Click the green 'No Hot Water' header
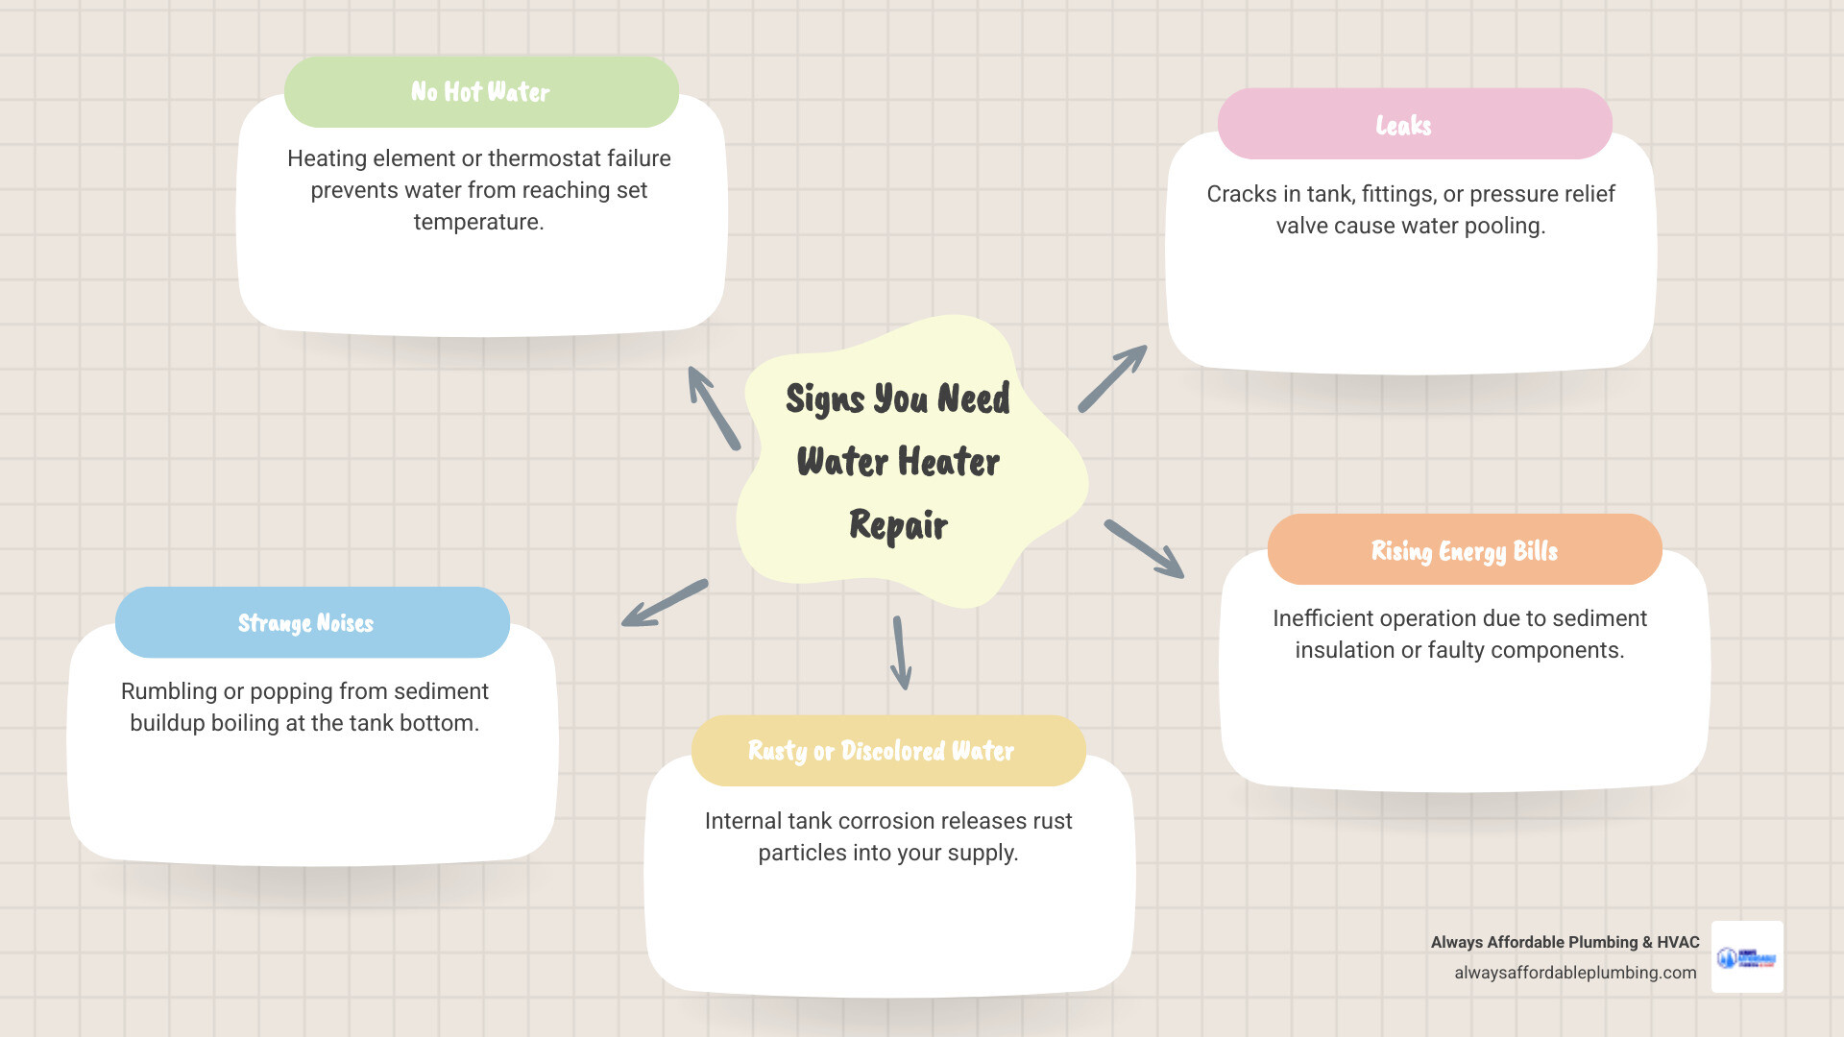481,92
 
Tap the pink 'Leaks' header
1414,125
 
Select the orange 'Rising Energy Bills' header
1464,550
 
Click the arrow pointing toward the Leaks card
1112,379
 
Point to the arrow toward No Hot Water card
714,408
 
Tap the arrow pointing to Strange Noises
665,603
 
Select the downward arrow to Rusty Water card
901,653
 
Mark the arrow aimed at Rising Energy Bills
1144,549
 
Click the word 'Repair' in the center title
898,525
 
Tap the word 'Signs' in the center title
825,398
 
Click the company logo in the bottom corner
1747,957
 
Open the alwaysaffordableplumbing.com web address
1575,973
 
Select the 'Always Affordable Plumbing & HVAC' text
1565,943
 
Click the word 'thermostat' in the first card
546,158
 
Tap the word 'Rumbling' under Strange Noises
169,691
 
